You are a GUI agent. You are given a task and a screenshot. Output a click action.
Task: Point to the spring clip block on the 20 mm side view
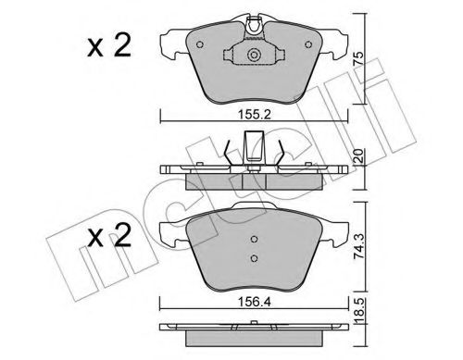pos(253,151)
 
